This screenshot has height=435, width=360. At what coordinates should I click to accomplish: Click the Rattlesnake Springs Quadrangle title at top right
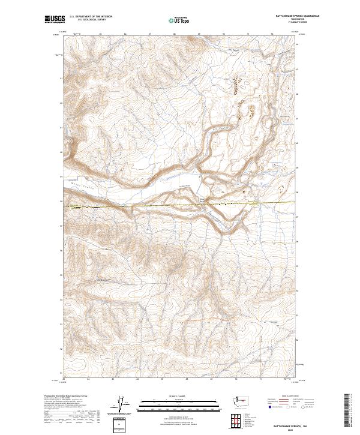[298, 16]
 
